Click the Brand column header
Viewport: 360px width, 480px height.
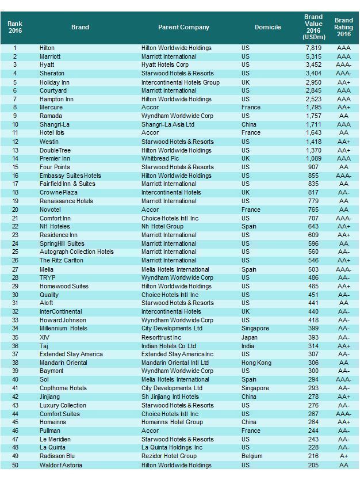point(80,27)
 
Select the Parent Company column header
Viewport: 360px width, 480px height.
point(183,27)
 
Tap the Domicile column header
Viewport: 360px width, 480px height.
point(268,27)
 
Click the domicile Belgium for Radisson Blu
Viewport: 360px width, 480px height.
point(252,456)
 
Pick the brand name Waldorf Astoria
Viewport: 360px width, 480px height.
point(60,465)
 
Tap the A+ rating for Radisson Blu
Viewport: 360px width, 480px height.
point(343,456)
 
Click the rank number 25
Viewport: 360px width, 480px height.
point(15,252)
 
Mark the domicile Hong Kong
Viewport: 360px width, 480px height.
point(256,363)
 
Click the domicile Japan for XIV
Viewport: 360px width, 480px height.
point(250,337)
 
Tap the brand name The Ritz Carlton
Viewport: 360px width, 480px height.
point(62,260)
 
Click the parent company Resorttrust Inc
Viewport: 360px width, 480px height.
point(161,337)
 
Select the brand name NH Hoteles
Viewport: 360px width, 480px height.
point(56,226)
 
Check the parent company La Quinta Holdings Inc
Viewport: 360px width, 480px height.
point(172,448)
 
